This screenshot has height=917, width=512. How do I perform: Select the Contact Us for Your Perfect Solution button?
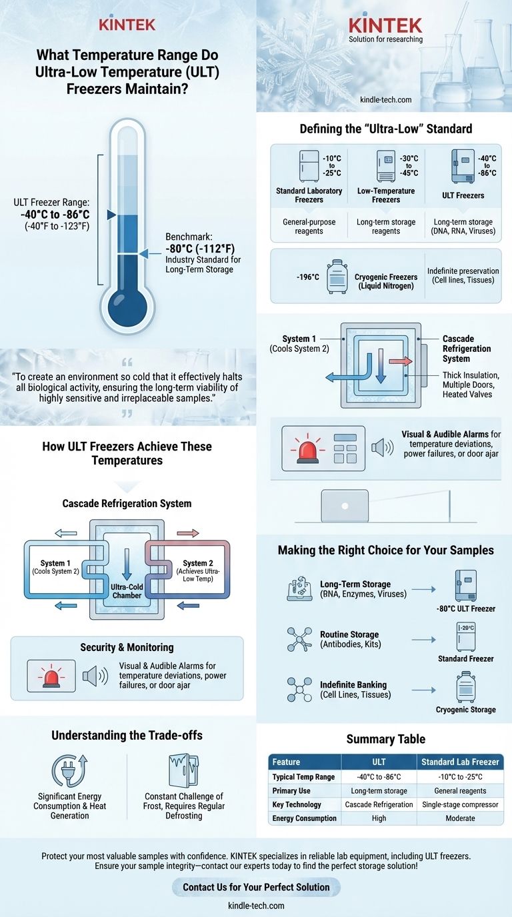(x=257, y=887)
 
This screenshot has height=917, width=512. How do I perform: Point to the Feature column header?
(x=287, y=762)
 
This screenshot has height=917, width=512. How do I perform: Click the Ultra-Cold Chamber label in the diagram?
(x=126, y=590)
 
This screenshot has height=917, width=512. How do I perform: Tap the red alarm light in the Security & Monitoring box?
(x=51, y=676)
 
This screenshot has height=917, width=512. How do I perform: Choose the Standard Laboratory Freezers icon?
(x=309, y=166)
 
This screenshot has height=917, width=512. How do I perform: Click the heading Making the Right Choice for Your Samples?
(x=386, y=550)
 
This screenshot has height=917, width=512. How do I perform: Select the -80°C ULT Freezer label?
(x=465, y=609)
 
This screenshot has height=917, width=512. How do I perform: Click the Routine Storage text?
(x=349, y=634)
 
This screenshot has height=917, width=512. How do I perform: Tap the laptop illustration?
(x=345, y=506)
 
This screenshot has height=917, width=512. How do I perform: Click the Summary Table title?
(x=385, y=738)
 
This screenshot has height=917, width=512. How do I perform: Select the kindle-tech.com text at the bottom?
(x=256, y=906)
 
